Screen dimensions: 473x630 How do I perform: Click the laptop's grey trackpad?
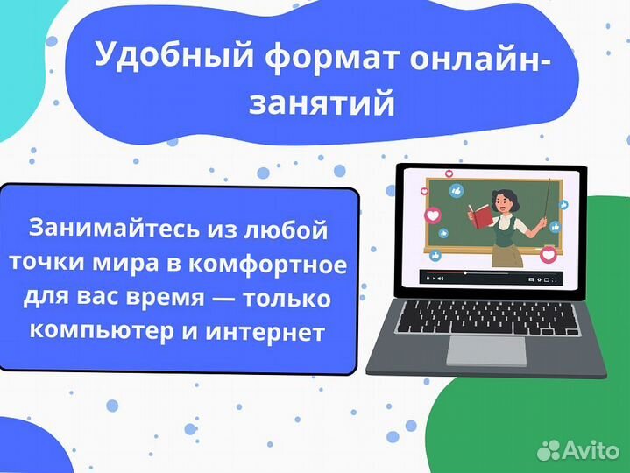click(x=486, y=349)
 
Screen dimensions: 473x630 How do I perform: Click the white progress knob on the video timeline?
click(x=464, y=272)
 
